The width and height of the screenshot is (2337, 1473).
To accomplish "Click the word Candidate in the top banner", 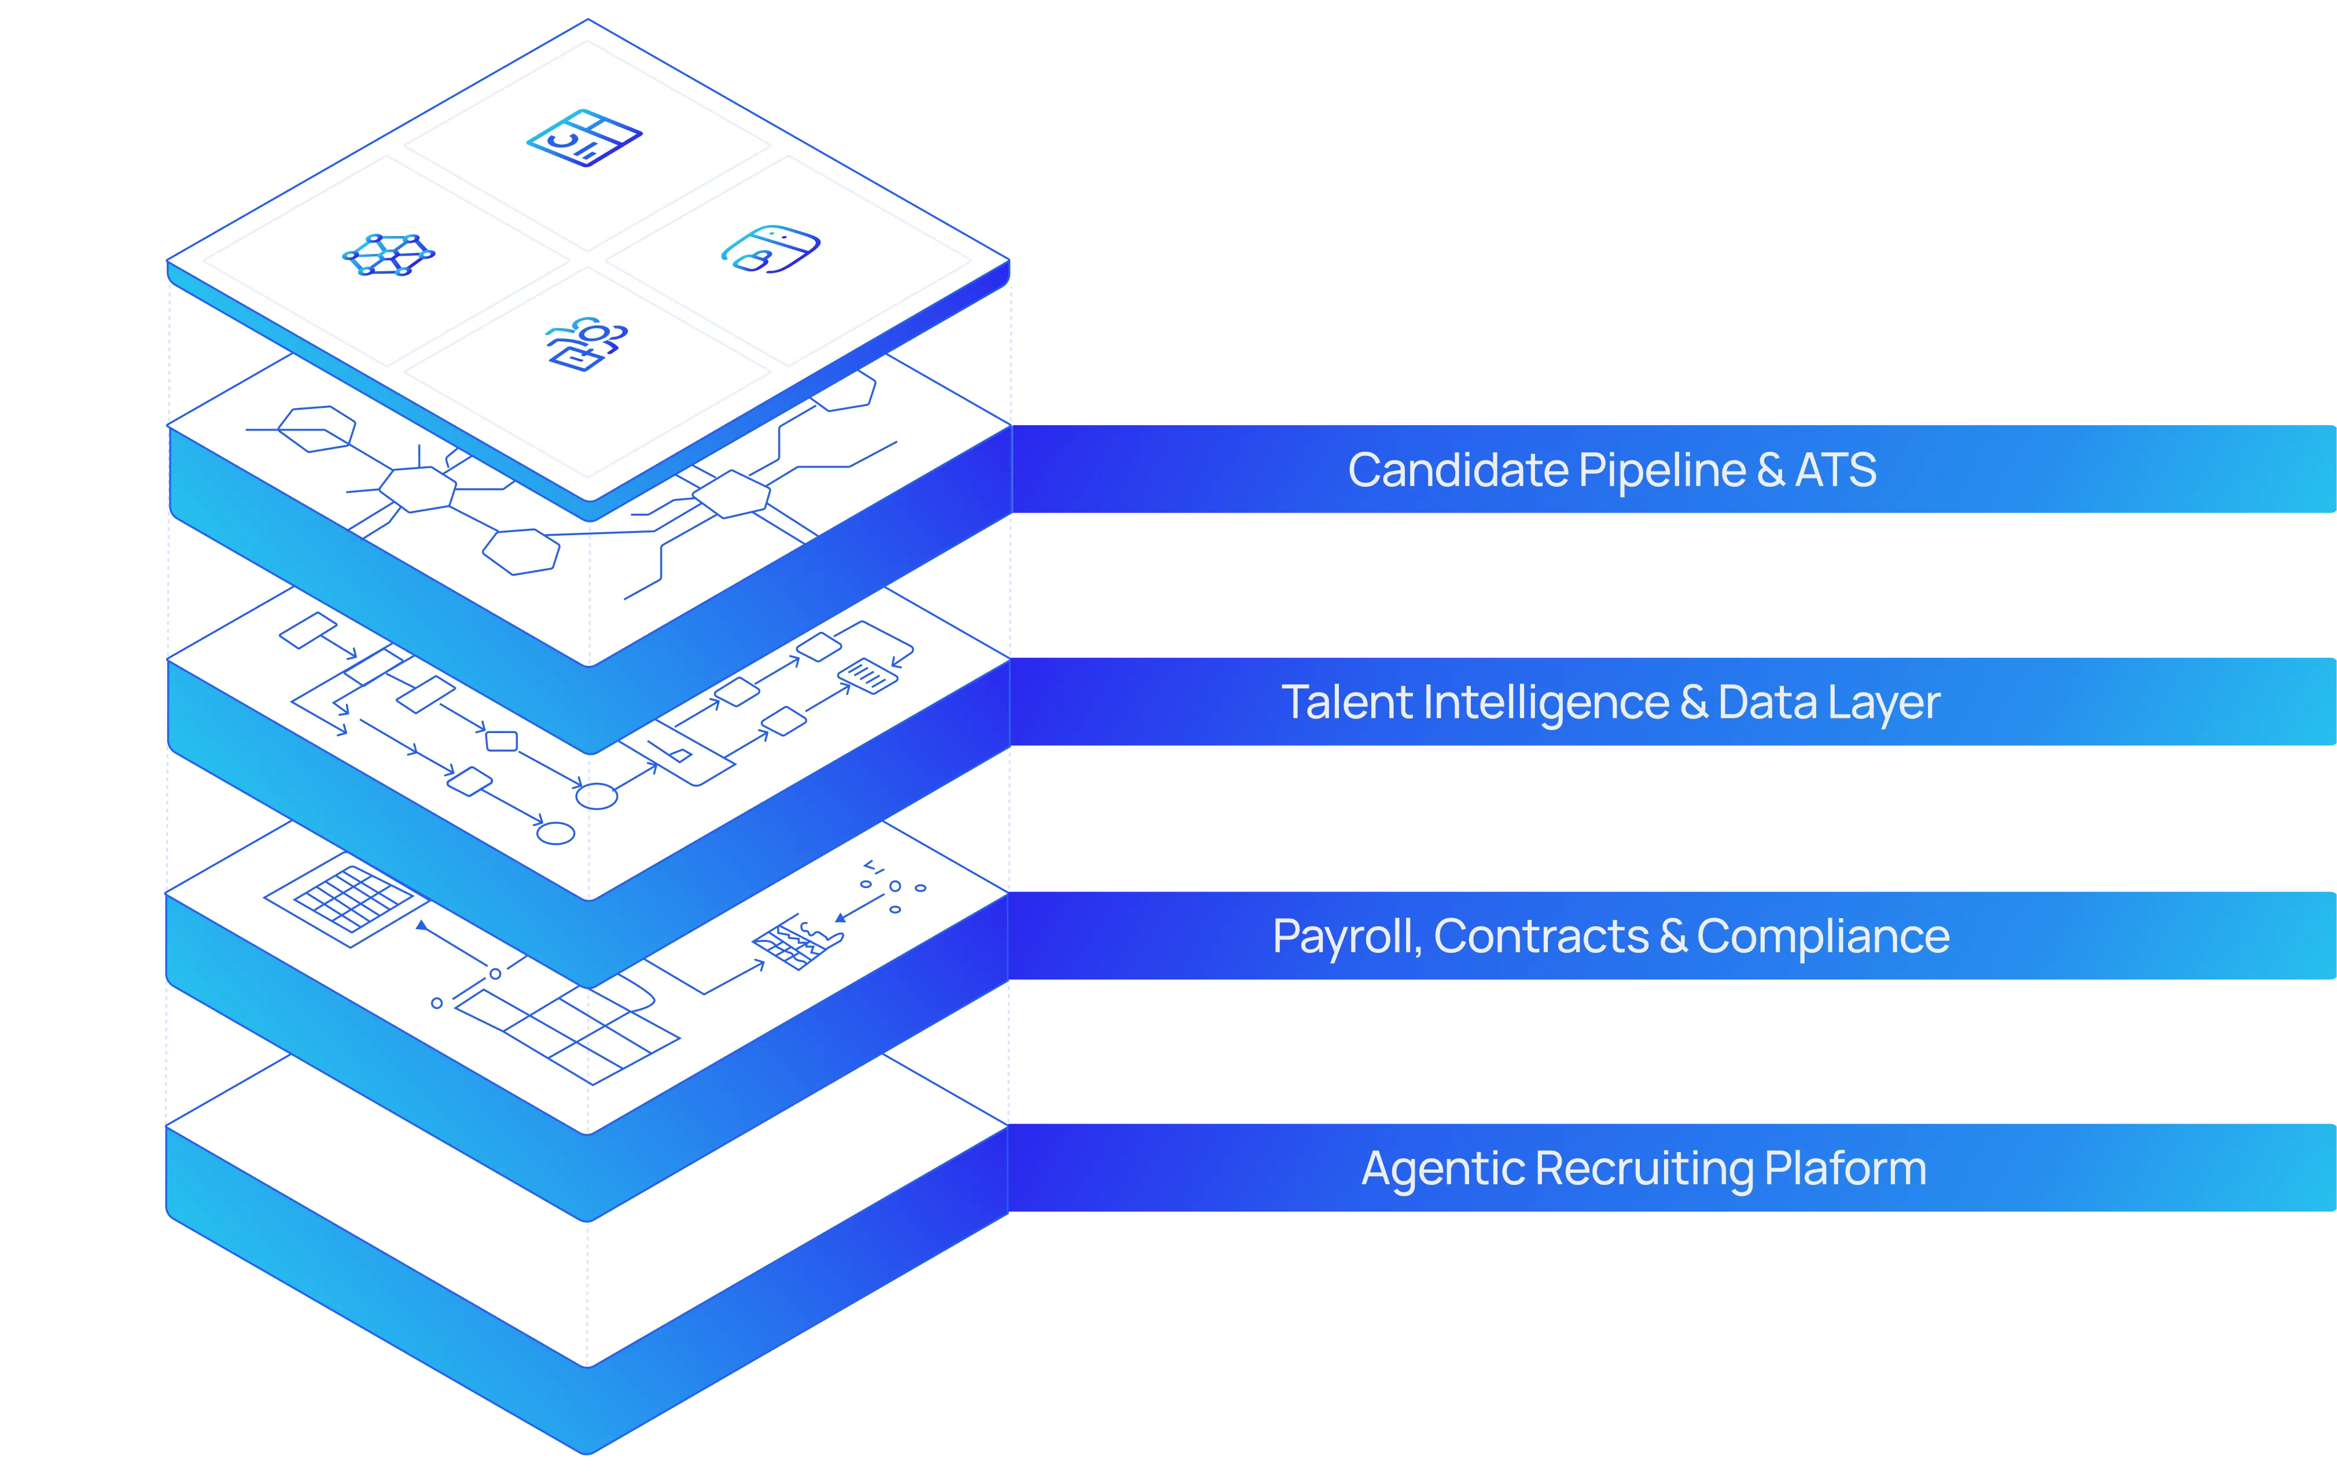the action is click(1459, 470).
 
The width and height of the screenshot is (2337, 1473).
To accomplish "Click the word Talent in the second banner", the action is click(1346, 702).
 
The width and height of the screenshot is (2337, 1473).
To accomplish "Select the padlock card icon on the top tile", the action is click(771, 249).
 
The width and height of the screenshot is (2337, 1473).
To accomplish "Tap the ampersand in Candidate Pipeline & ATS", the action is click(1770, 470).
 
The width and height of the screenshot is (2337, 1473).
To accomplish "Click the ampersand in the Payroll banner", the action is click(1673, 937).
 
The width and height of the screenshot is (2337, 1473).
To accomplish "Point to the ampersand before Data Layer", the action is click(1694, 702).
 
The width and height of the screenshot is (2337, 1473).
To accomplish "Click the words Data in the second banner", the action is click(1767, 702).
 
